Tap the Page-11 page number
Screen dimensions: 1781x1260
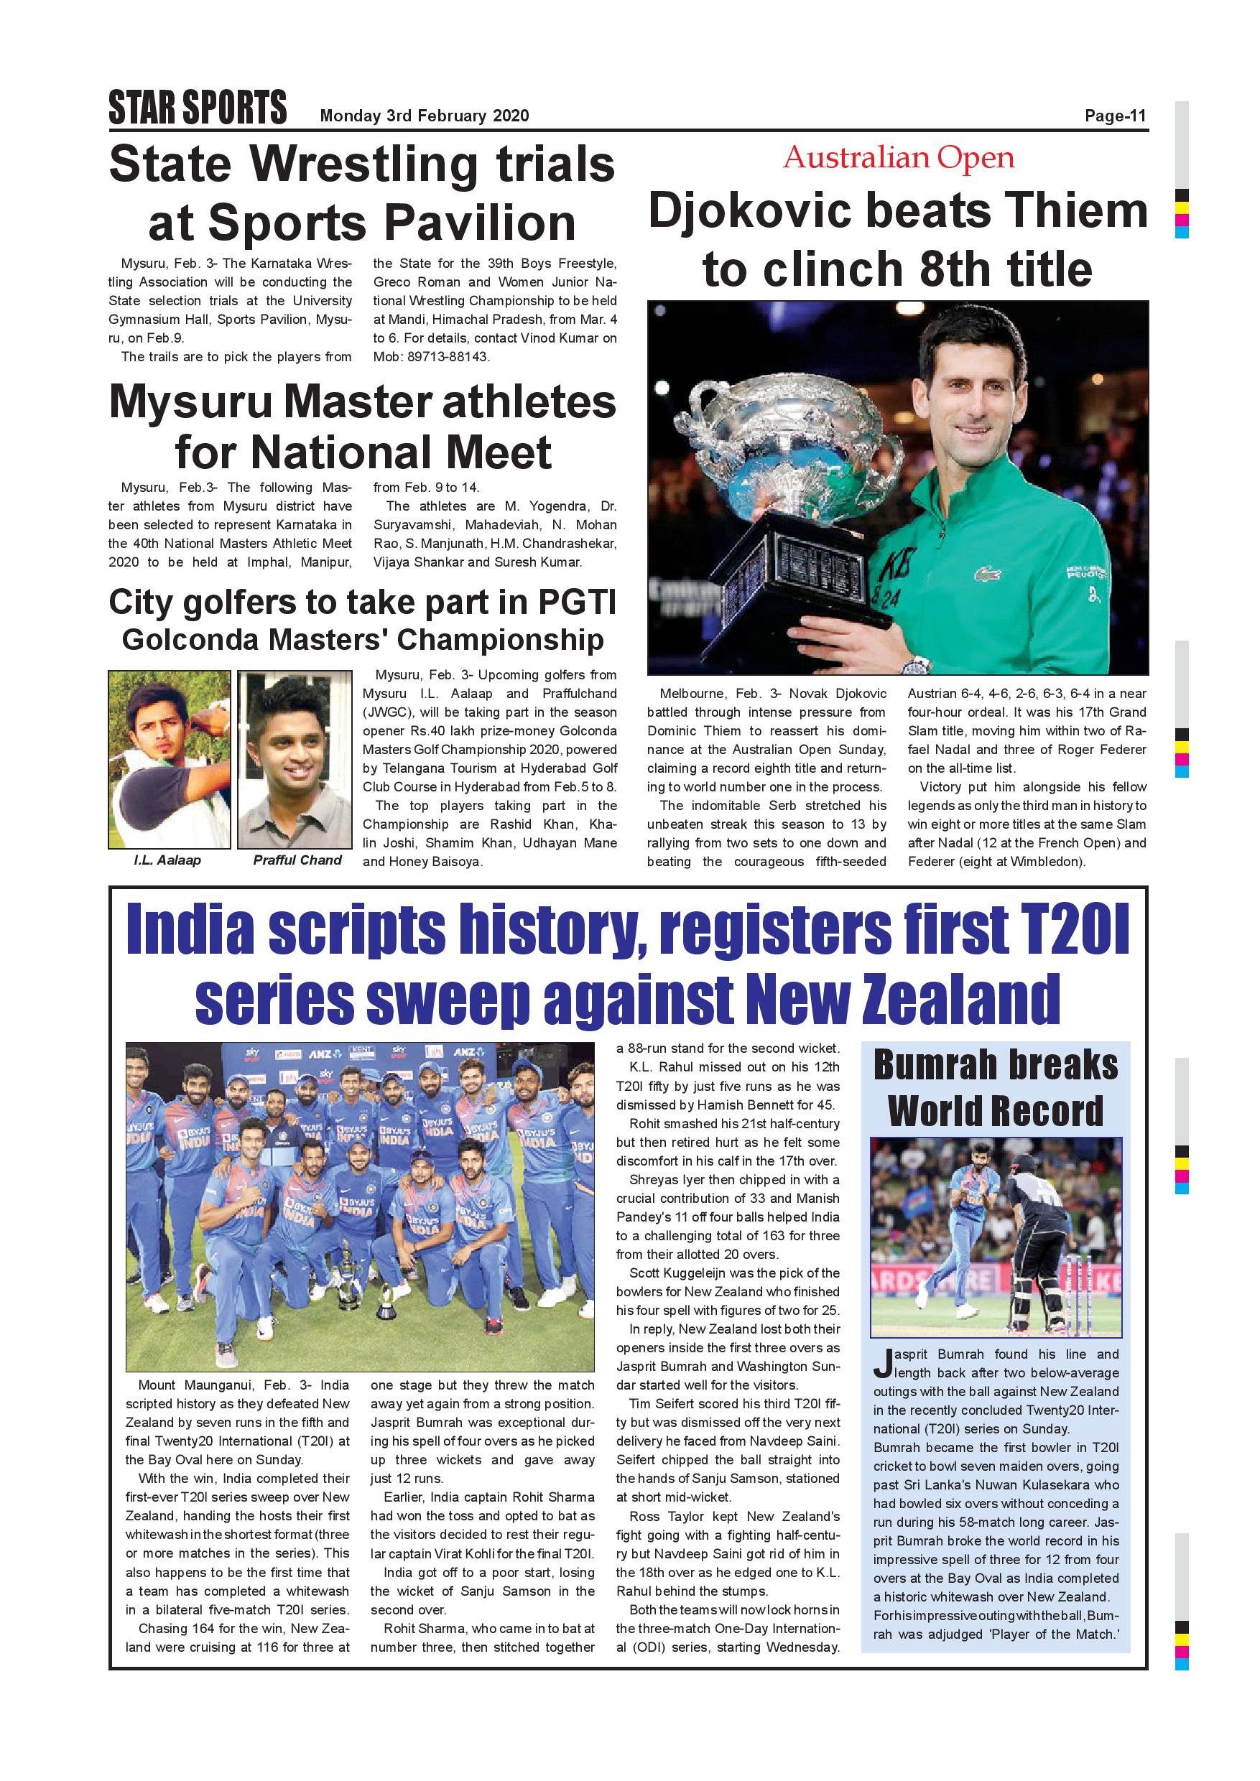click(x=1115, y=116)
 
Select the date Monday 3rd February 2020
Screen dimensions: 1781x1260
click(x=425, y=116)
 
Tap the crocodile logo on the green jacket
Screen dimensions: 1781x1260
click(x=986, y=574)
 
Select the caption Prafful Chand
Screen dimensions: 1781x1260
click(x=297, y=860)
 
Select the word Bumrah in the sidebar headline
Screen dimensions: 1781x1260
click(x=936, y=1064)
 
